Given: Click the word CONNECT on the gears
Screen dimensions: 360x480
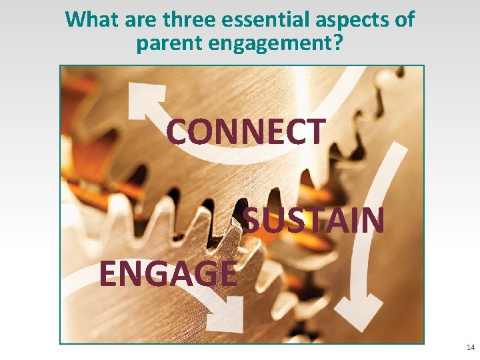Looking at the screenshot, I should pyautogui.click(x=246, y=131).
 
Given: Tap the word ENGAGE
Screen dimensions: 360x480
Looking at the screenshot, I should pyautogui.click(x=168, y=273).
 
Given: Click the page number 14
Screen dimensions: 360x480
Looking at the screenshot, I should pyautogui.click(x=471, y=348).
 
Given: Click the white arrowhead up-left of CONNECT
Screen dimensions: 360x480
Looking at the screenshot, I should pyautogui.click(x=141, y=99).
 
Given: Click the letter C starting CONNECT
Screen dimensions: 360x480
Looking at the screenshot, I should pyautogui.click(x=177, y=132).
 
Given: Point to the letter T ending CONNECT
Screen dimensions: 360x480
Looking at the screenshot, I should pyautogui.click(x=316, y=131).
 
